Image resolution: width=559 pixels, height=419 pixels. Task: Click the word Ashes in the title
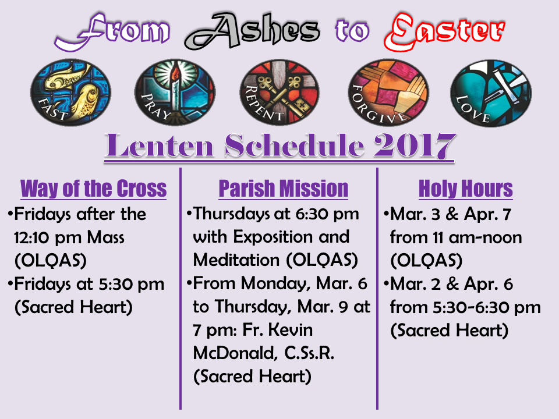click(x=252, y=31)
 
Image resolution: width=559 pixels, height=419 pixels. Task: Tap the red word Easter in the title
click(x=444, y=31)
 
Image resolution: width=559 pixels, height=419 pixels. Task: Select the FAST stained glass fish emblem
click(x=70, y=93)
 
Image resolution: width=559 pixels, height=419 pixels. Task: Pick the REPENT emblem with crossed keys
click(x=279, y=93)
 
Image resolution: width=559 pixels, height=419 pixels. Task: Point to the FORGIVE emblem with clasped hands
click(x=388, y=93)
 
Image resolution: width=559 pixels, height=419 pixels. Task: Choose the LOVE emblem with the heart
click(x=491, y=93)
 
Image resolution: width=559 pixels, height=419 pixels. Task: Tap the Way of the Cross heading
click(x=94, y=189)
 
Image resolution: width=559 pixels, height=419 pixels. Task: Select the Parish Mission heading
click(x=284, y=189)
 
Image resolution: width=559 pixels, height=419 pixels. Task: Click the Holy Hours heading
click(x=466, y=189)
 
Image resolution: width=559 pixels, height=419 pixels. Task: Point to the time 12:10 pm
click(x=48, y=238)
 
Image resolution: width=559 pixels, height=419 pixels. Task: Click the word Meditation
click(x=236, y=260)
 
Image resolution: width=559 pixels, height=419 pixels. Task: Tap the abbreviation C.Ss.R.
click(x=309, y=353)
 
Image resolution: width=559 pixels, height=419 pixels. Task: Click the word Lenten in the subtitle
click(x=159, y=146)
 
